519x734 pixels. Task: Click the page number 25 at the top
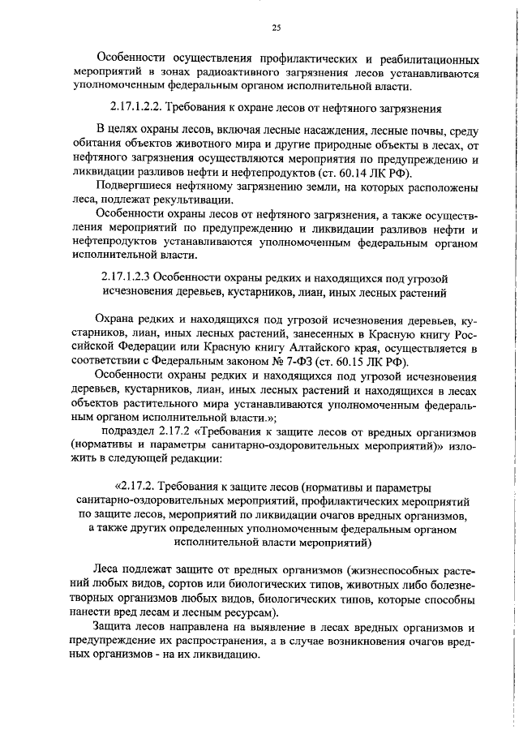click(x=276, y=28)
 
